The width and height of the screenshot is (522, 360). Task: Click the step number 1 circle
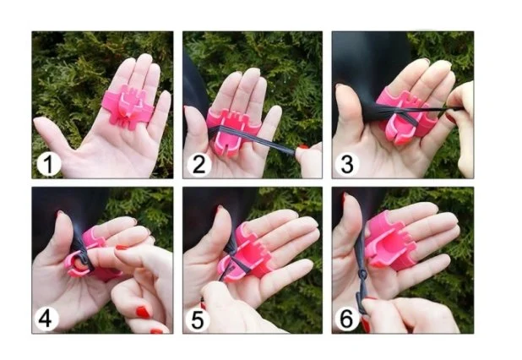(49, 164)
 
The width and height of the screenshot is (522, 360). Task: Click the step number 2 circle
(199, 164)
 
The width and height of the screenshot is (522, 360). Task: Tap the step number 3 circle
(347, 164)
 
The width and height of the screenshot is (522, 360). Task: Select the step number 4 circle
(46, 319)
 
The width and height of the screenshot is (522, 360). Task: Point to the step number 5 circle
(198, 319)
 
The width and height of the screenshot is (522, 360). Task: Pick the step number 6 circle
(346, 319)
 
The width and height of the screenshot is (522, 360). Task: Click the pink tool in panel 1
(127, 106)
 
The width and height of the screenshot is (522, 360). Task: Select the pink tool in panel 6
(389, 241)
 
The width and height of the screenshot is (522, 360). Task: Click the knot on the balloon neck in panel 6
(362, 275)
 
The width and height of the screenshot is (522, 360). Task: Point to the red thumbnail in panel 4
(143, 312)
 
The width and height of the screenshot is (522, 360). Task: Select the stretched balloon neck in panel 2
(253, 139)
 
